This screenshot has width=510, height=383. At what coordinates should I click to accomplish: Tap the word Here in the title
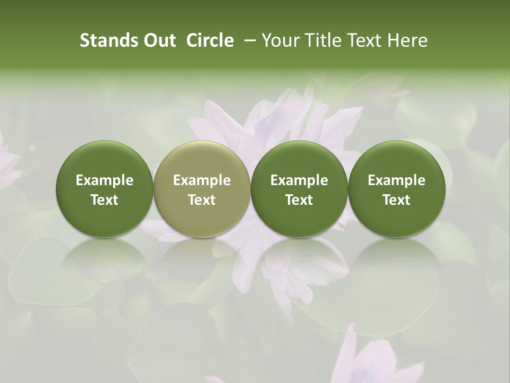click(x=407, y=40)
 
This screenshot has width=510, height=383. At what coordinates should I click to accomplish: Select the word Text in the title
click(x=364, y=40)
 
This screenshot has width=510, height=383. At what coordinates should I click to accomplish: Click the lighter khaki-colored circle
click(x=201, y=188)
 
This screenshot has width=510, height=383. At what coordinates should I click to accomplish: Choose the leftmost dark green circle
click(x=104, y=188)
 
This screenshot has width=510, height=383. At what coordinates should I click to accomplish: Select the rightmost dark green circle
click(x=396, y=188)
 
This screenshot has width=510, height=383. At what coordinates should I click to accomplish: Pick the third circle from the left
click(x=299, y=188)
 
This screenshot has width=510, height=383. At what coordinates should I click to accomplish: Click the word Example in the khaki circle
click(x=202, y=180)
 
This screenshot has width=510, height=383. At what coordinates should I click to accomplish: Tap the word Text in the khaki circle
click(x=202, y=200)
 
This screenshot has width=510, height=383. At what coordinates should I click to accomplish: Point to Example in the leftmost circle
click(x=105, y=180)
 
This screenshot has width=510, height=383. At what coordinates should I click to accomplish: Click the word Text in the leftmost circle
click(x=105, y=200)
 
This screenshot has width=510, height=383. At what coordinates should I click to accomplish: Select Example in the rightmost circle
click(x=396, y=180)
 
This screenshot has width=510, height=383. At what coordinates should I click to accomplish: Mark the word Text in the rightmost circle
click(x=396, y=200)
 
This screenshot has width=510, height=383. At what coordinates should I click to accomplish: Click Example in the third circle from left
click(x=299, y=180)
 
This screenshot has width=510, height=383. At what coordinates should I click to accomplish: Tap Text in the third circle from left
click(x=299, y=200)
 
